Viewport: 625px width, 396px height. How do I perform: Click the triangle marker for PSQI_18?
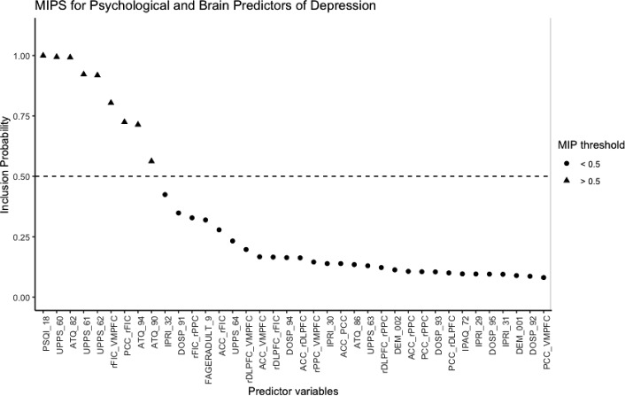click(x=42, y=55)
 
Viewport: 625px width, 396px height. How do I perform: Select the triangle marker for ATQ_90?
click(x=151, y=160)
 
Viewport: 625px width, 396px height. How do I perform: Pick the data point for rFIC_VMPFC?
click(x=111, y=102)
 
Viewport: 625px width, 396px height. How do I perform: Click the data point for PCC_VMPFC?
click(x=543, y=277)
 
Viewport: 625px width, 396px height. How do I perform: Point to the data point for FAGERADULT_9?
click(x=205, y=220)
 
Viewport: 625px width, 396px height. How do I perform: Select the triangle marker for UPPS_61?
click(x=83, y=74)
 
